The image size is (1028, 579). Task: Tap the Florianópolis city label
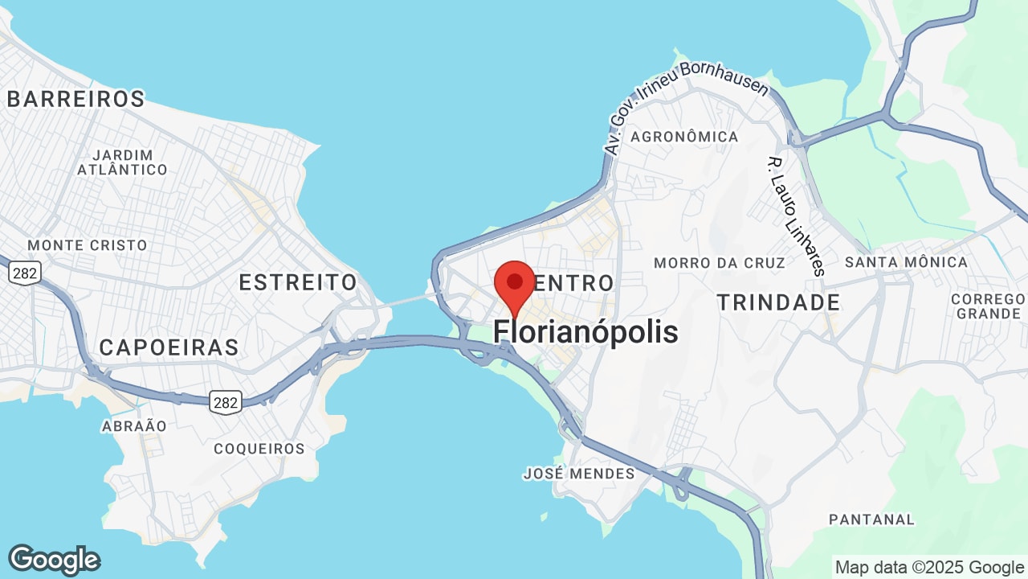click(585, 331)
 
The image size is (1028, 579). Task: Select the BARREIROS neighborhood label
click(75, 99)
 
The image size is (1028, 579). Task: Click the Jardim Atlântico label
click(122, 162)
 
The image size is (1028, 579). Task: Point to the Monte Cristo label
click(88, 245)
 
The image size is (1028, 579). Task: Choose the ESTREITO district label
click(298, 282)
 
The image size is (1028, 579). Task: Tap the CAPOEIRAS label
click(169, 347)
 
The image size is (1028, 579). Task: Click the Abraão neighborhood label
click(134, 426)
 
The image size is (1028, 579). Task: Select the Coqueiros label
click(259, 449)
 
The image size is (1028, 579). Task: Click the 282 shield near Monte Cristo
click(25, 273)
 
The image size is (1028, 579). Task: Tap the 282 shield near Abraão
click(226, 402)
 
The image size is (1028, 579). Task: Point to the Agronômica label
click(684, 137)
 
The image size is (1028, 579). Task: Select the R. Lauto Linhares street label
click(797, 216)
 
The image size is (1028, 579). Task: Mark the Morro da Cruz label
click(719, 263)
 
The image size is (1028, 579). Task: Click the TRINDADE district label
click(778, 302)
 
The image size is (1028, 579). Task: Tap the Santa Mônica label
click(906, 262)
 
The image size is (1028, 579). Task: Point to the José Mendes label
click(578, 474)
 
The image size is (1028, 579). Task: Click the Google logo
click(54, 560)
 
